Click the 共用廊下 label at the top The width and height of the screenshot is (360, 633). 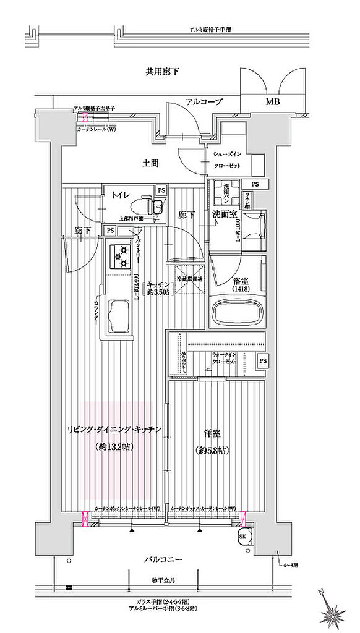[x=163, y=72]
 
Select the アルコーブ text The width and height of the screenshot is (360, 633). [x=204, y=101]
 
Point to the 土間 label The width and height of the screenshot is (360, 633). [x=150, y=164]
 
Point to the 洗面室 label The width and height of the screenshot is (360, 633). [x=224, y=215]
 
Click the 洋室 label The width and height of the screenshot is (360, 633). [x=213, y=433]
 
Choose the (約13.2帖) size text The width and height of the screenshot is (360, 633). [x=115, y=446]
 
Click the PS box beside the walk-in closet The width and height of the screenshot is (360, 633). [x=263, y=361]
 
